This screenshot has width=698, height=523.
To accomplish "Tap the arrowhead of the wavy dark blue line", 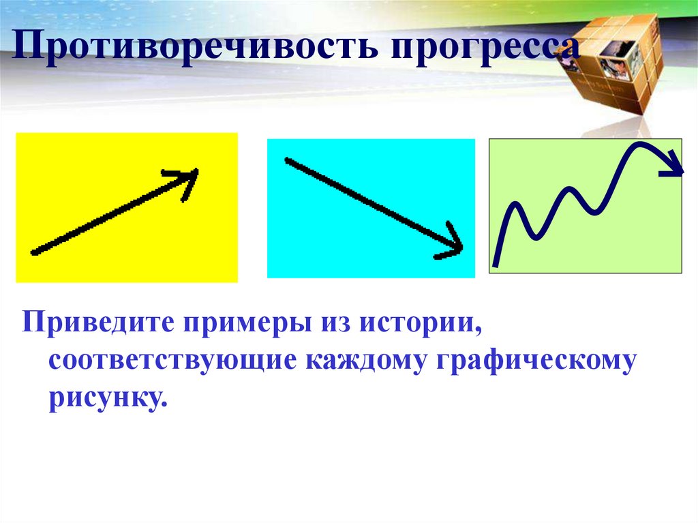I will tap(675, 170).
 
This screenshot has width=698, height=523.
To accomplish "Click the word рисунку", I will tap(107, 396).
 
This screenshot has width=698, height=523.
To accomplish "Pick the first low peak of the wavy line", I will tap(516, 205).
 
